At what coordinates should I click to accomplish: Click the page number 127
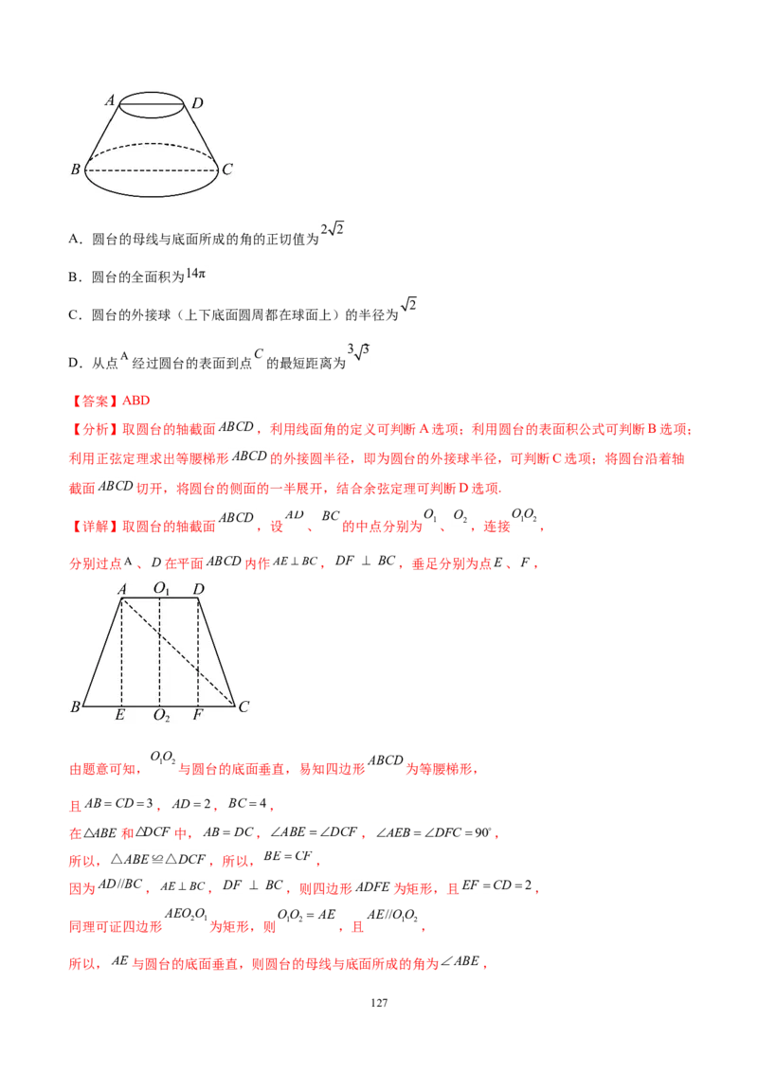point(379,1003)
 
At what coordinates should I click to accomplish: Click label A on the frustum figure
point(110,100)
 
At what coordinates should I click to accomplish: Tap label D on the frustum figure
point(197,103)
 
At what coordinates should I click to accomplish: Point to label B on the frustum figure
point(75,169)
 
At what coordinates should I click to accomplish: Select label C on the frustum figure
point(227,169)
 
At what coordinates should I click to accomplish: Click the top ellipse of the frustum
point(152,92)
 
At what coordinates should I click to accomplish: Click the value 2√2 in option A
point(332,229)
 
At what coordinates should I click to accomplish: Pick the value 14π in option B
point(195,274)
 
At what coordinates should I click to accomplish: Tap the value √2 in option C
point(408,304)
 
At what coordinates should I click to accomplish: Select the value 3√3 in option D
point(358,352)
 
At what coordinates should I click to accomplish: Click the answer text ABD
point(136,401)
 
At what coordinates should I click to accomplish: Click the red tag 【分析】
point(95,429)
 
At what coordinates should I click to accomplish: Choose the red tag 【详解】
point(95,527)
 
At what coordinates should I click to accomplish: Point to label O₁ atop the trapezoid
point(161,588)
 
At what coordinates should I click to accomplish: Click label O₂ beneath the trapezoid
point(161,715)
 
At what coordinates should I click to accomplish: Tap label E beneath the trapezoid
point(120,714)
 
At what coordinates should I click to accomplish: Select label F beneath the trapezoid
point(198,714)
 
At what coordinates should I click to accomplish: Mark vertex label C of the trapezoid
point(244,706)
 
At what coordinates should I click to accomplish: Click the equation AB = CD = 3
point(118,803)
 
